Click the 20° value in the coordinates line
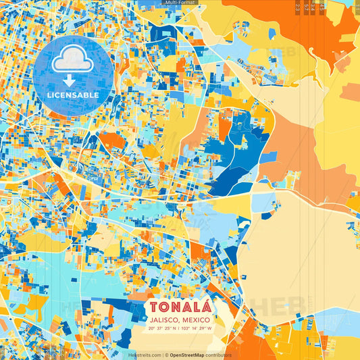(152, 329)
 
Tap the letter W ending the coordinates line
(209, 329)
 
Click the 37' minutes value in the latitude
(159, 329)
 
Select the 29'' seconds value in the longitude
(201, 329)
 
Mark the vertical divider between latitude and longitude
(176, 329)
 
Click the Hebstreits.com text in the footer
(145, 355)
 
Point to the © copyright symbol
(165, 355)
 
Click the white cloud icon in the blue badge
(73, 61)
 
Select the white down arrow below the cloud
(73, 81)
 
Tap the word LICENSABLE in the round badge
(73, 95)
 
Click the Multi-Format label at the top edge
(180, 3)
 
